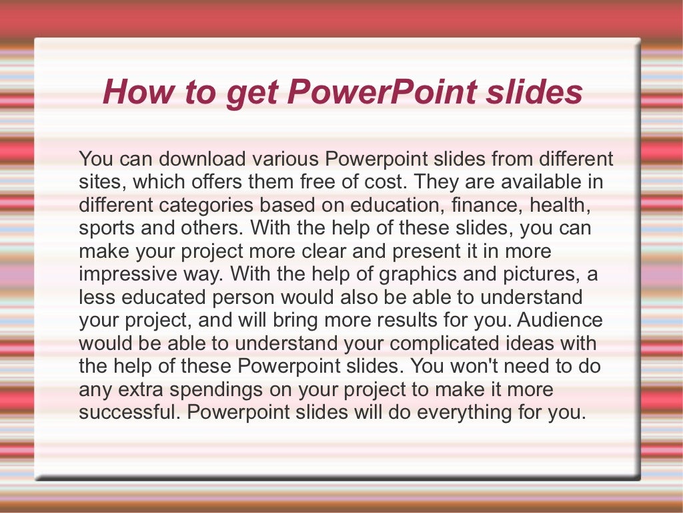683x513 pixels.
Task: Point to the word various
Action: (x=286, y=159)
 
